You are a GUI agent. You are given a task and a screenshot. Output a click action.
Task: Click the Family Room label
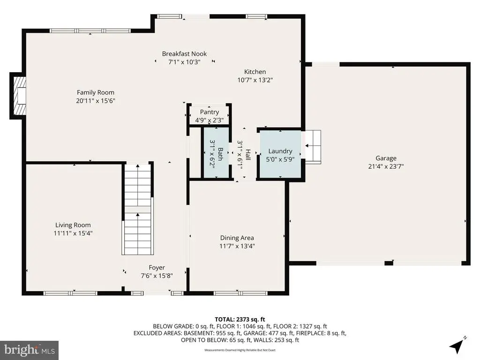[96, 92]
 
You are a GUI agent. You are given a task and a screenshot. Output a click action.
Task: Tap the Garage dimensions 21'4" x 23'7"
[386, 166]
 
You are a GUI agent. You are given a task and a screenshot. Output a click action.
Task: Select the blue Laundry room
[280, 154]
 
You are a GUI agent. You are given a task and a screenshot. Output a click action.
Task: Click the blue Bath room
[217, 152]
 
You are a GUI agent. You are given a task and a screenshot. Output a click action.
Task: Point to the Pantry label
[210, 112]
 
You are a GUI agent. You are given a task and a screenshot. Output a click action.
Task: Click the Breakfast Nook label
[184, 54]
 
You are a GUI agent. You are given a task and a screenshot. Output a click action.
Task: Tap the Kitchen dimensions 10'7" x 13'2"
[255, 80]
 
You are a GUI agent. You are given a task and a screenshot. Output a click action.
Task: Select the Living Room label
[73, 225]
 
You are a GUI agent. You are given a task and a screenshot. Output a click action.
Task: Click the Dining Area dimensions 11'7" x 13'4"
[237, 246]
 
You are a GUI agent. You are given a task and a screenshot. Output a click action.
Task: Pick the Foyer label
[157, 268]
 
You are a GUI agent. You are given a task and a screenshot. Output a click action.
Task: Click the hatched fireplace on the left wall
[20, 95]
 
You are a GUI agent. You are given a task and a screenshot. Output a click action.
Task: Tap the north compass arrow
[457, 345]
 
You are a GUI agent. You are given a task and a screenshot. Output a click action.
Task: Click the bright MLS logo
[30, 350]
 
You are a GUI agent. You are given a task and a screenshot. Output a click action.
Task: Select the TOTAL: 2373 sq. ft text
[240, 320]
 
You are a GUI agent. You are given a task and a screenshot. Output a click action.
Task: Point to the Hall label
[248, 155]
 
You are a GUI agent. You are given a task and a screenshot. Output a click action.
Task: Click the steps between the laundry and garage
[313, 147]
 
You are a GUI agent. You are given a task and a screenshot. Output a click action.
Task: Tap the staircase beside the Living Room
[138, 209]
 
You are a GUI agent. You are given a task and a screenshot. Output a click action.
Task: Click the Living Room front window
[70, 293]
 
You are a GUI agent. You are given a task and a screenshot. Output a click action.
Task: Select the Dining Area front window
[240, 293]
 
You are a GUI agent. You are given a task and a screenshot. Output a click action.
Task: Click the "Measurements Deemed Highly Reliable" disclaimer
[240, 350]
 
